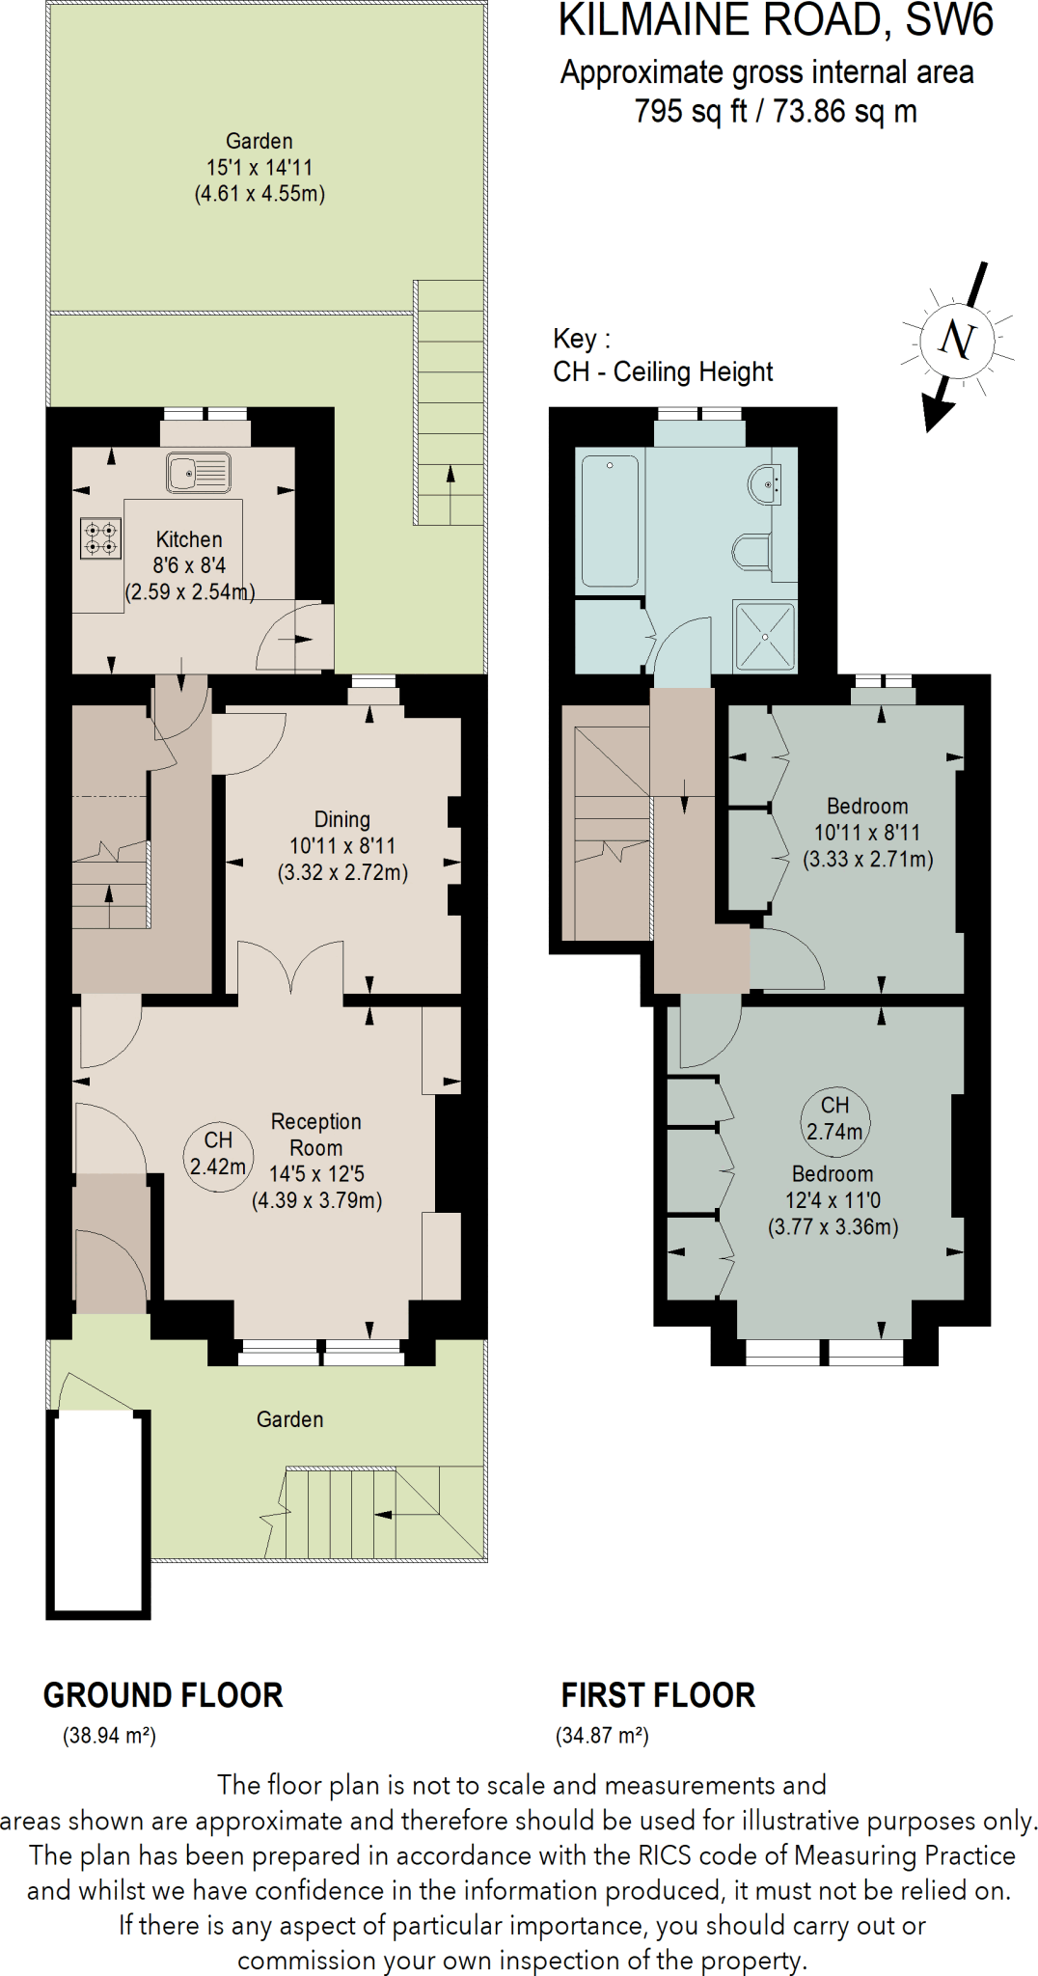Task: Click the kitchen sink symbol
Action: click(199, 473)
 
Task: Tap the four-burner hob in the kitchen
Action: click(100, 538)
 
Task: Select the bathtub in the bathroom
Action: click(610, 521)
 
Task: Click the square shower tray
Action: click(764, 636)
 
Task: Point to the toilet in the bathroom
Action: click(751, 553)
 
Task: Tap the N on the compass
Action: click(956, 340)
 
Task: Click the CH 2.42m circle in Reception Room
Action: click(218, 1154)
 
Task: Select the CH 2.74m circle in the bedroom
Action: click(834, 1118)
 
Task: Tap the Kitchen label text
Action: click(189, 539)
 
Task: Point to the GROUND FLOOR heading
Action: click(163, 1695)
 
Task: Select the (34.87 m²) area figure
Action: click(602, 1736)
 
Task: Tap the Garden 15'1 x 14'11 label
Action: click(259, 167)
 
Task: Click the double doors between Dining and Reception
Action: click(290, 969)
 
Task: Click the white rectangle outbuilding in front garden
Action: click(98, 1512)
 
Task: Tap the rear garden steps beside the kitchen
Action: click(450, 405)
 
